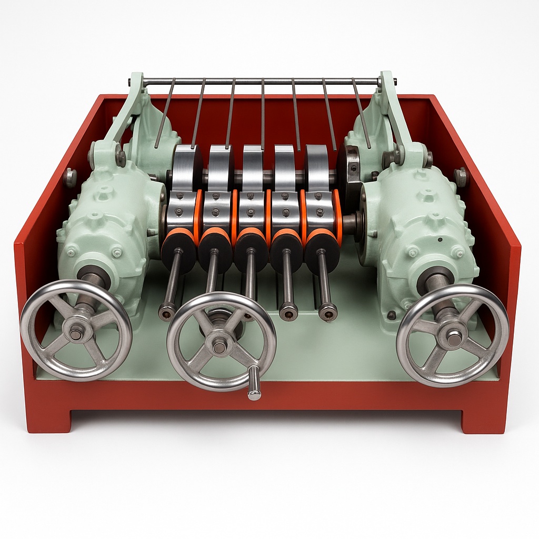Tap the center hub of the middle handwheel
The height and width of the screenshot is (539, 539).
click(x=220, y=346)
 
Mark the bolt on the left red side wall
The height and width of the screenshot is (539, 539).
click(x=69, y=177)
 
